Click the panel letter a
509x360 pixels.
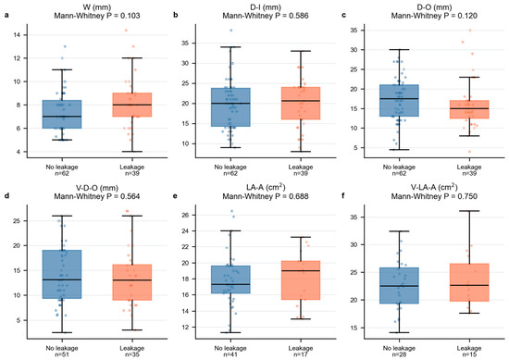tap(6, 15)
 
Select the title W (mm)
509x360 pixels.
tap(97, 7)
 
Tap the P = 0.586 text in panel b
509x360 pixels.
tap(292, 16)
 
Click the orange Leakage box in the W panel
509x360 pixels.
tap(132, 105)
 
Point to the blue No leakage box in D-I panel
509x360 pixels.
tap(230, 107)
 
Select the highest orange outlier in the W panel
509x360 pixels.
tap(126, 31)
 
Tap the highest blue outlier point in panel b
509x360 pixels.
tap(231, 31)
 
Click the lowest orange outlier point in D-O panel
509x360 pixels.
tap(469, 152)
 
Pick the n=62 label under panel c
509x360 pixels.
tap(399, 173)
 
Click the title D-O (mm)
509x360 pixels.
tap(434, 7)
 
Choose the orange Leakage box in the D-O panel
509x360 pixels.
tap(469, 109)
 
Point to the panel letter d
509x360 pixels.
tap(6, 196)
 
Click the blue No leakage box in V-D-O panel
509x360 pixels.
tap(62, 274)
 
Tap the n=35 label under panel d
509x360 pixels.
tap(132, 354)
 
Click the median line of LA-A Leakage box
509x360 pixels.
tap(301, 271)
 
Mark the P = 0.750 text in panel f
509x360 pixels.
tap(460, 196)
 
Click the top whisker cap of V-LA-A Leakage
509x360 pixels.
tap(469, 211)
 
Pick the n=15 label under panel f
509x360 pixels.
tap(469, 354)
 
